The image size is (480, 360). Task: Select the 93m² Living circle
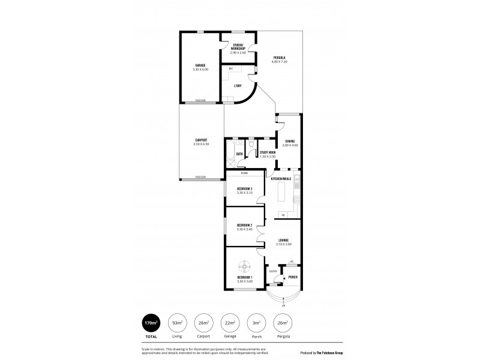pyautogui.click(x=177, y=323)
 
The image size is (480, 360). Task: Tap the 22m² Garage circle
pyautogui.click(x=230, y=323)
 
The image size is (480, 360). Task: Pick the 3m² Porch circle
pyautogui.click(x=256, y=323)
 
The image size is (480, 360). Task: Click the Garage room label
pyautogui.click(x=200, y=65)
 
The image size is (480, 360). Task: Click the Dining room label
pyautogui.click(x=290, y=141)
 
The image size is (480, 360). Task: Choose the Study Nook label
pyautogui.click(x=268, y=153)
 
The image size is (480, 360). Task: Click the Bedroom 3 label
pyautogui.click(x=244, y=189)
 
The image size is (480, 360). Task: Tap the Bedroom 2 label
pyautogui.click(x=244, y=225)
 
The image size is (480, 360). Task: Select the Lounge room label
pyautogui.click(x=283, y=240)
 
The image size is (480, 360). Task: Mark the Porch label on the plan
pyautogui.click(x=293, y=277)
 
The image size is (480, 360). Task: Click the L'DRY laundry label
pyautogui.click(x=238, y=86)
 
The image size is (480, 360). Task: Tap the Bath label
pyautogui.click(x=239, y=154)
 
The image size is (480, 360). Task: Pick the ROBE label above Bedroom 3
pyautogui.click(x=244, y=173)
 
